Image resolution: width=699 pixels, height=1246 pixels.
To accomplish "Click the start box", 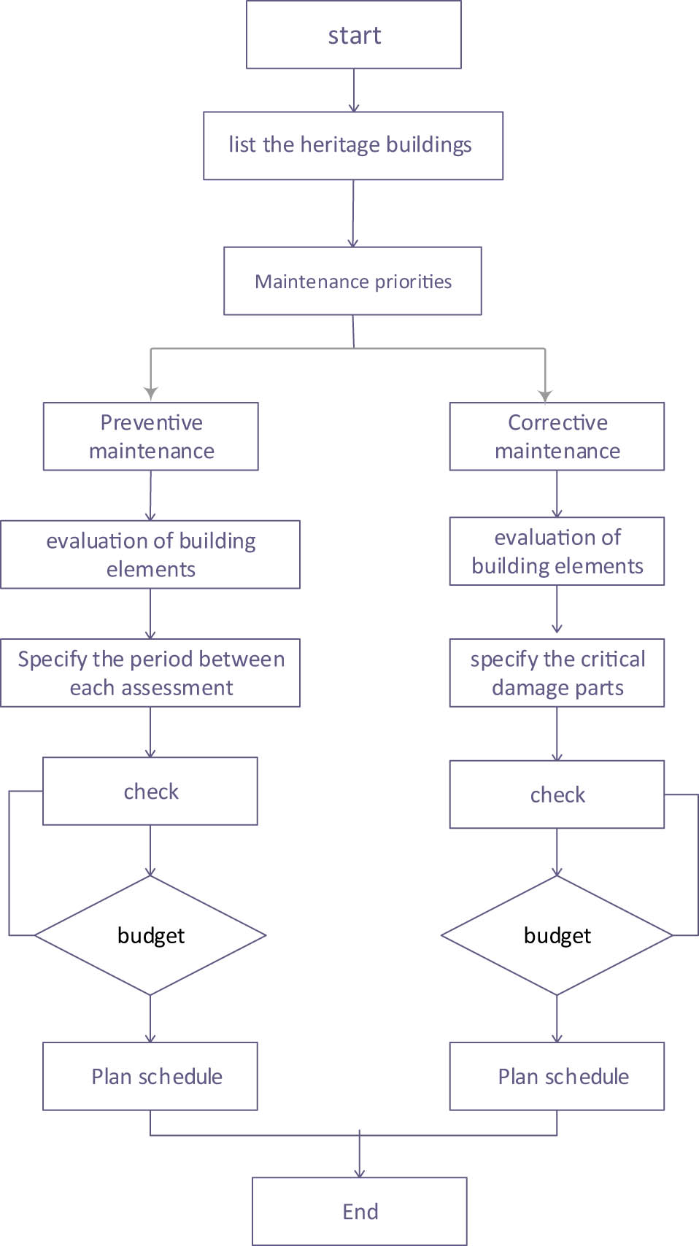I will [x=354, y=35].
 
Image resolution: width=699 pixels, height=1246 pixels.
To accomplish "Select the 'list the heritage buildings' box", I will [x=353, y=145].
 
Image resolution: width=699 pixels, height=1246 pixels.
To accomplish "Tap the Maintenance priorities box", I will [x=352, y=281].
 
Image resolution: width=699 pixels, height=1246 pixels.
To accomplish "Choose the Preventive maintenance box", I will [x=151, y=436].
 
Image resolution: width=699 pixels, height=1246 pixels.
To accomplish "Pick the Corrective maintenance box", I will [x=557, y=436].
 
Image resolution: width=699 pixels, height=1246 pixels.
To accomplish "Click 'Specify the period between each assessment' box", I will [x=150, y=673].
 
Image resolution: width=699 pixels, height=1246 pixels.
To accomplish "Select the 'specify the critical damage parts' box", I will [x=557, y=673].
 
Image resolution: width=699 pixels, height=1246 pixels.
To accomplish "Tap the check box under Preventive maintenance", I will [x=150, y=791].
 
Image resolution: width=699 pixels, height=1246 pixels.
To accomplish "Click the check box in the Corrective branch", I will [x=557, y=794].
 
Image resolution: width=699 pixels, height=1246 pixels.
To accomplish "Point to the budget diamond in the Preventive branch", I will [x=150, y=935].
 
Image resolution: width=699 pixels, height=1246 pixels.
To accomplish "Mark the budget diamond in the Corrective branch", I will [x=557, y=935].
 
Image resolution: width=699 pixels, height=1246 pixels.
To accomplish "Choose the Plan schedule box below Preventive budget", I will [x=150, y=1076].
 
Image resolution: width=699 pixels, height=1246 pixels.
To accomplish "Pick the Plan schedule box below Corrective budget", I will [x=557, y=1076].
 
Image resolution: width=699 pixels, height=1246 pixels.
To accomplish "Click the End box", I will [x=360, y=1211].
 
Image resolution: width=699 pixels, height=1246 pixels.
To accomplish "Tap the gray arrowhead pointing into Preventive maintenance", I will [x=151, y=394].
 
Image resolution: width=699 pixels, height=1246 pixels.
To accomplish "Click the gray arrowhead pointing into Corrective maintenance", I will [x=545, y=395].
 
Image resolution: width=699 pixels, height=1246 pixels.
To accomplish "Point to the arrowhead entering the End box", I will [x=360, y=1172].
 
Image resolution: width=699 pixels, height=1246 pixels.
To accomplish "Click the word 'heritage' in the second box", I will [x=340, y=145].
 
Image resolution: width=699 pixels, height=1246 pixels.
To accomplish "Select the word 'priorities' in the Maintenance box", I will [x=413, y=282].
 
